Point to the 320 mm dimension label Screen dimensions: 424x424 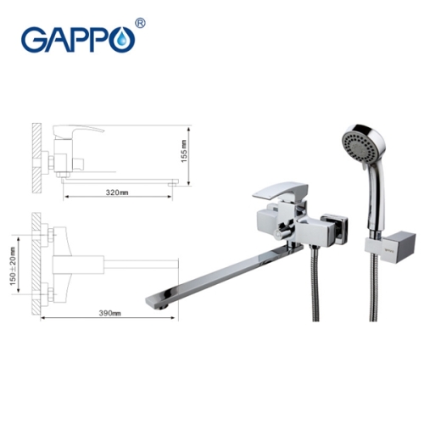pos(117,192)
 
